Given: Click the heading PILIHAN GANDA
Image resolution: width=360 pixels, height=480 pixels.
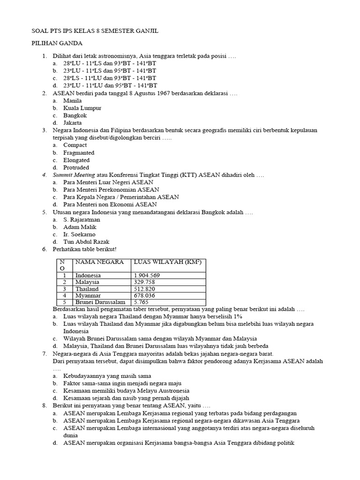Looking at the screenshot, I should point(57,44).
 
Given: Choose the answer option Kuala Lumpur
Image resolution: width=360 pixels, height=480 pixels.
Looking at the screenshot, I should point(82,108).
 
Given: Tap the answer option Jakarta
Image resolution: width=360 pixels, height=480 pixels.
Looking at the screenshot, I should point(73,123).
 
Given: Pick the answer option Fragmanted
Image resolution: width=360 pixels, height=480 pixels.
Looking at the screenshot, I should point(79,153).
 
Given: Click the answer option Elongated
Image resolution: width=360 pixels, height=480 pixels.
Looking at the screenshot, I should point(76,160).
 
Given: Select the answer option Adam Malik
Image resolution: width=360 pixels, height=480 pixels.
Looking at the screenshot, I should point(80,227).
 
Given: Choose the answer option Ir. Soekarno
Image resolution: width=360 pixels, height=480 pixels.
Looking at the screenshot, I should point(79,234).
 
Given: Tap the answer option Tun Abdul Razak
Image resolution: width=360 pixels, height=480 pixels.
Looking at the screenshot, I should point(85,242).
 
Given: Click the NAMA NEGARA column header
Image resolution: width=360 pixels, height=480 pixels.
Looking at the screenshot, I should point(100,262).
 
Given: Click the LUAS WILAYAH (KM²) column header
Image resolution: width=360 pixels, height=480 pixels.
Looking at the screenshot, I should point(168,262).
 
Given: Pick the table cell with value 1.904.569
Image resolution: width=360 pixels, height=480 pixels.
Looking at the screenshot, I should point(147,276).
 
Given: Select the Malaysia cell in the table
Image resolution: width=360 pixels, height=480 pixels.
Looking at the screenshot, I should point(87,283).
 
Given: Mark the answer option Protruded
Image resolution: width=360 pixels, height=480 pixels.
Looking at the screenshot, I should point(76,167).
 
